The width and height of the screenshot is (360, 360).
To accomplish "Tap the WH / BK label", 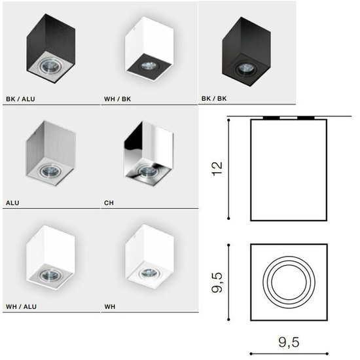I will coord(118,100).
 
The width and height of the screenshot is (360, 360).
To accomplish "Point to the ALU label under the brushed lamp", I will coord(12,203).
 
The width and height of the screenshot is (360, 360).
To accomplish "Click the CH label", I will coord(109,203).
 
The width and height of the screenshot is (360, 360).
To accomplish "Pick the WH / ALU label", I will coord(20,306).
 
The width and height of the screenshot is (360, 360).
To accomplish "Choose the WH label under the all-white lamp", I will coord(109,306).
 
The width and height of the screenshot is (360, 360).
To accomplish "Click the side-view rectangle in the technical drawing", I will coord(289,170).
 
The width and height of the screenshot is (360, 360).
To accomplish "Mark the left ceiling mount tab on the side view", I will coord(268,118).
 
